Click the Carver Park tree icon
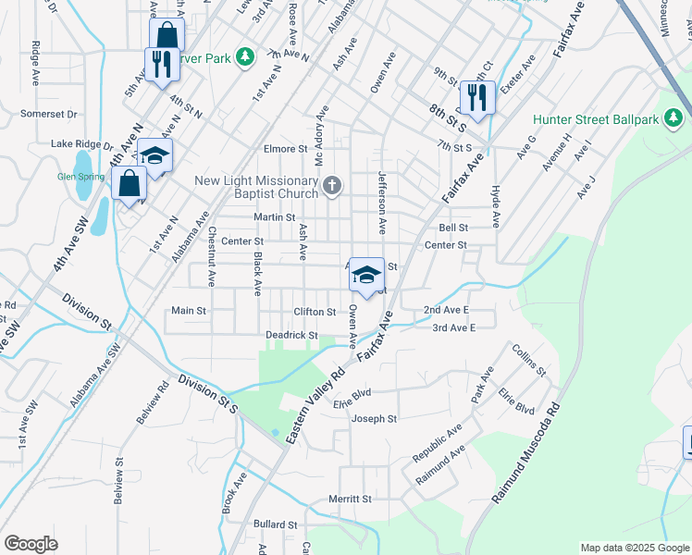coord(245,57)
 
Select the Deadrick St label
coord(292,335)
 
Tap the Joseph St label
coord(374,419)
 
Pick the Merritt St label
coord(350,499)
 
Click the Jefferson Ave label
coord(380,203)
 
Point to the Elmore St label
coord(285,148)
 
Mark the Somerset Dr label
coord(51,114)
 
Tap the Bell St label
coord(453,228)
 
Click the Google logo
coord(31,544)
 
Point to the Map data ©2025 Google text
coord(634,548)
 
